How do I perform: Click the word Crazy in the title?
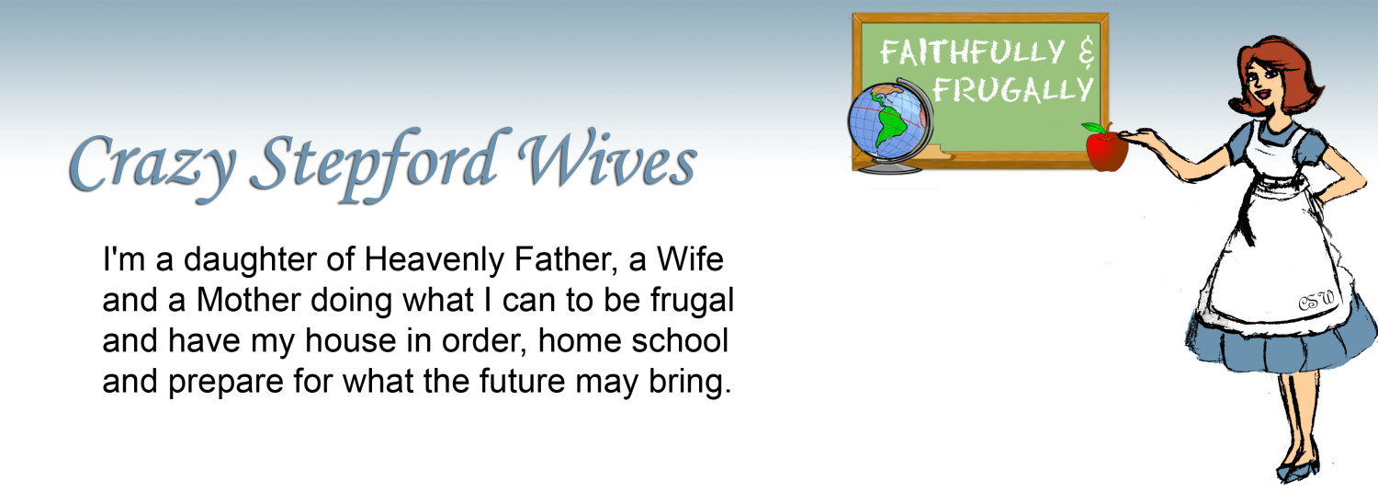point(152,163)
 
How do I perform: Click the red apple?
point(1106,151)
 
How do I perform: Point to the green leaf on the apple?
point(1094,128)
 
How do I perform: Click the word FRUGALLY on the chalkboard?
point(1013,90)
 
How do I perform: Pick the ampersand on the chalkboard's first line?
point(1087,52)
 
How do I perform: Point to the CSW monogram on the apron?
point(1316,302)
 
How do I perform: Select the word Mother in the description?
point(249,300)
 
